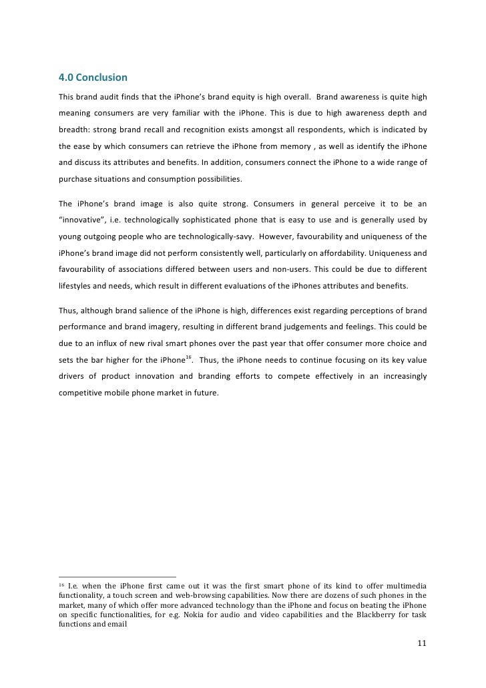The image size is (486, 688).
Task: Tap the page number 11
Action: click(421, 644)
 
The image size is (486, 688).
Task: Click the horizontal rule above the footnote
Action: click(117, 576)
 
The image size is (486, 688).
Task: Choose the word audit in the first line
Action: click(105, 96)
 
